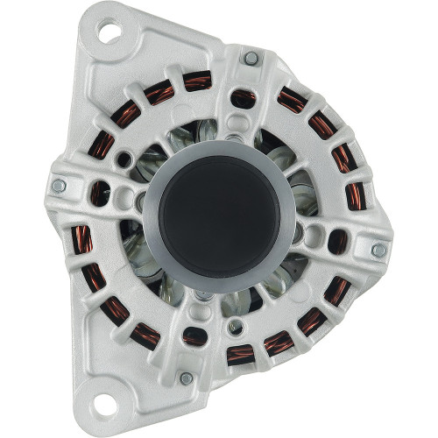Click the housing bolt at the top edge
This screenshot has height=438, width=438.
pyautogui.click(x=251, y=58)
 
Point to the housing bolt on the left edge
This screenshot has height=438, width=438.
pyautogui.click(x=59, y=186)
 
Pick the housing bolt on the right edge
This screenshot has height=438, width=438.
pyautogui.click(x=378, y=250)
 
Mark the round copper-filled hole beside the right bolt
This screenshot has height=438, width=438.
pyautogui.click(x=338, y=243)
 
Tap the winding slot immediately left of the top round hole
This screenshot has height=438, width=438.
pyautogui.click(x=198, y=81)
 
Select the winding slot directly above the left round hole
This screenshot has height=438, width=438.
pyautogui.click(x=103, y=145)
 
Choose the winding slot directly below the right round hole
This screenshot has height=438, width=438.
pyautogui.click(x=335, y=290)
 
